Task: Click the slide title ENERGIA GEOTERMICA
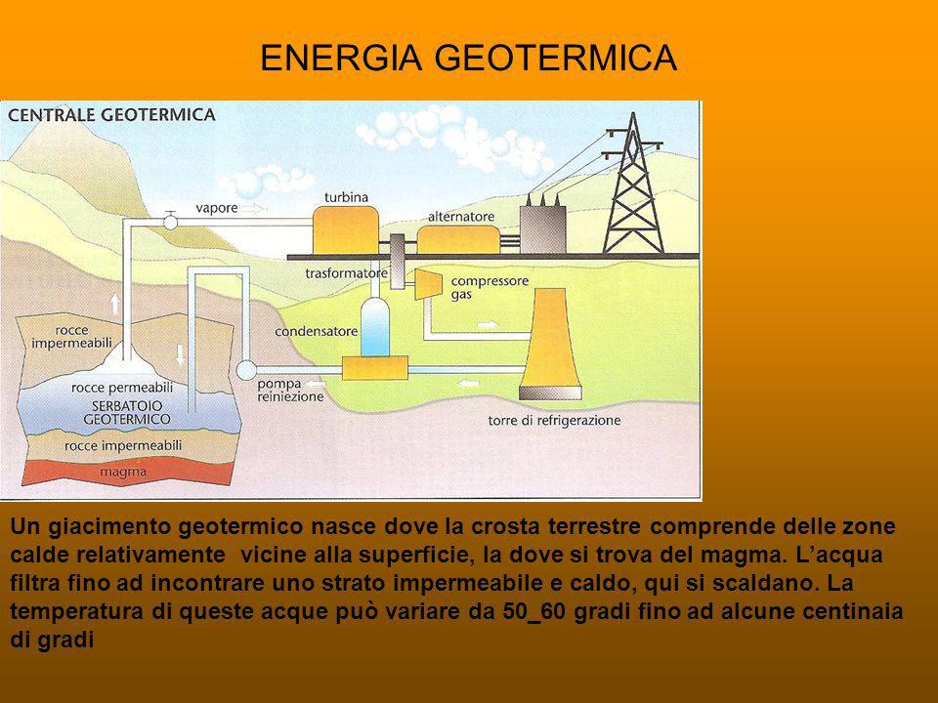(x=468, y=58)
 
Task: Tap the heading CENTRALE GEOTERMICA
(x=111, y=115)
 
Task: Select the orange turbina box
(x=345, y=230)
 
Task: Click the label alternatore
(x=460, y=217)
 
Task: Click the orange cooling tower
(x=550, y=344)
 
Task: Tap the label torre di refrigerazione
(x=554, y=420)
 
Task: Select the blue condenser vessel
(x=374, y=328)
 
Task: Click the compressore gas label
(x=490, y=287)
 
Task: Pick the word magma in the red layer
(x=123, y=472)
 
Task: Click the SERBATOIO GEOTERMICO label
(x=126, y=412)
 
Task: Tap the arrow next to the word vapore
(x=255, y=208)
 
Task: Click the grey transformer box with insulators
(x=542, y=226)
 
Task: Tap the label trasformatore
(x=346, y=273)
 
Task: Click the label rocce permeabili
(x=122, y=388)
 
